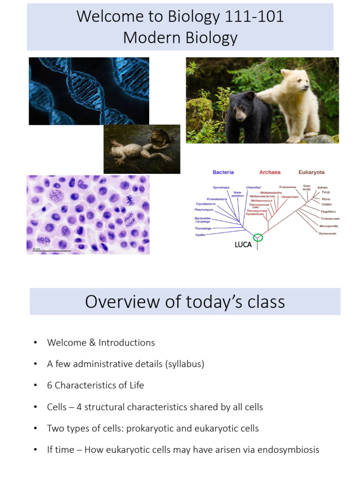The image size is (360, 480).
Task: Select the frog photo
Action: point(142,149)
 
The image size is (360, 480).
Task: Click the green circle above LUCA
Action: point(258,238)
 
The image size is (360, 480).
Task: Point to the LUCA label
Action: point(243,245)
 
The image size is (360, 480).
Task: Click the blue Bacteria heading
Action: point(223,172)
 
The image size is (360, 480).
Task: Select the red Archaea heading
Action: point(270,172)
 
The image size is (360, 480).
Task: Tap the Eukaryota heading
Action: point(311,172)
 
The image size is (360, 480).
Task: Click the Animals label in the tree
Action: point(322,187)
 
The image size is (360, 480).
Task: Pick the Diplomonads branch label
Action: point(327,233)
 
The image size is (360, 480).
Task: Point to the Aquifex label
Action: point(201,234)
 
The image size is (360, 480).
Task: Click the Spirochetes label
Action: point(221,187)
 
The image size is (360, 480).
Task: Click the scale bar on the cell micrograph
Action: point(52,251)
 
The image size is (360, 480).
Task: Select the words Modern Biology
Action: point(180,38)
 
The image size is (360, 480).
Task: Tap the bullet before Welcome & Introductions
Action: point(35,343)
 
